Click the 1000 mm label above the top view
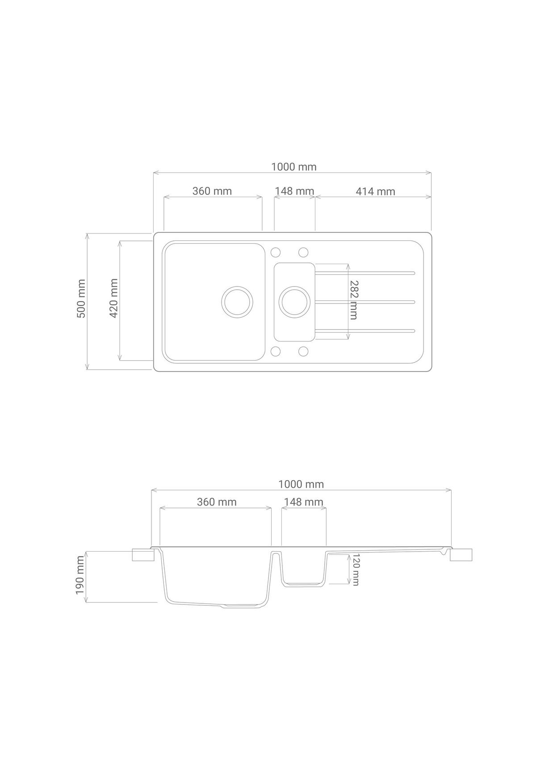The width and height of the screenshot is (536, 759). point(294,167)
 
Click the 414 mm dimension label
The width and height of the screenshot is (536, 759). point(375,191)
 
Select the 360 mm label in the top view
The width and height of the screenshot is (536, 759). point(212,191)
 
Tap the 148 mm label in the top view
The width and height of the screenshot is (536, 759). point(294,191)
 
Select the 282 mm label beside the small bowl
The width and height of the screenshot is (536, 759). point(353,299)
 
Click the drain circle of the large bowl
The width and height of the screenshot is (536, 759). point(237,302)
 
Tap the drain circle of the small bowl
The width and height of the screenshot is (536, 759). point(293,302)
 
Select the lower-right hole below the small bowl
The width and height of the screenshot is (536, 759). point(303,351)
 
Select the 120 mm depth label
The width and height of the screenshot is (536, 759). point(356,569)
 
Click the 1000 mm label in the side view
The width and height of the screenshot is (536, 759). point(301,484)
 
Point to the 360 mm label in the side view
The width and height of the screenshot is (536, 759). point(217,502)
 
